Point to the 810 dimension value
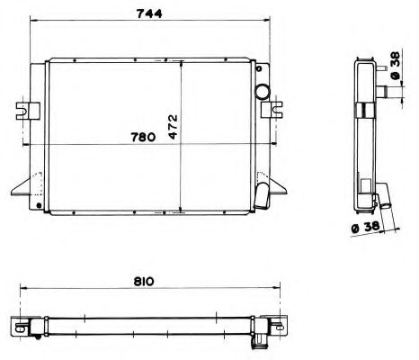point(144,281)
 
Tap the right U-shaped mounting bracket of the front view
point(270,110)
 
